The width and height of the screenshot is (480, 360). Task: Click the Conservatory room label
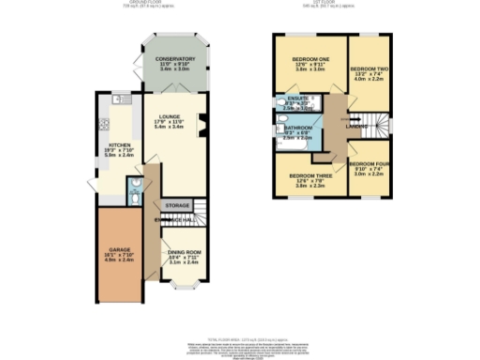click(170, 59)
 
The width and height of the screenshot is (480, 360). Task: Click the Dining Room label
click(183, 252)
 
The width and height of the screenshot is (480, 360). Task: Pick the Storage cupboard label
click(177, 204)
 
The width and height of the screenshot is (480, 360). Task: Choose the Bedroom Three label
click(308, 175)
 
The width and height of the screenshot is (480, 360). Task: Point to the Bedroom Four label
click(368, 165)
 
